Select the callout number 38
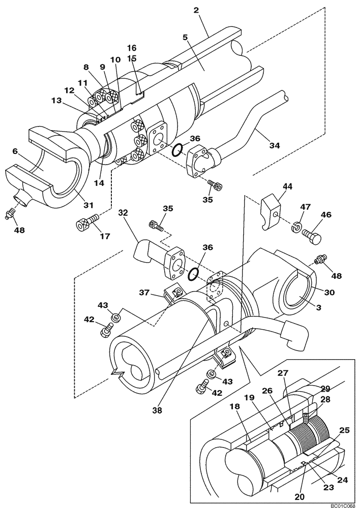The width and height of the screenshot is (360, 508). point(158,410)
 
